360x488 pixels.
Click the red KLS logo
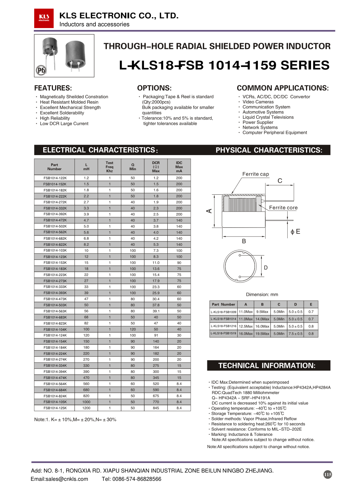click(x=44, y=18)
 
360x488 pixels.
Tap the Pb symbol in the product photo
click(x=41, y=70)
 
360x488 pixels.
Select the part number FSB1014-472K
click(x=55, y=220)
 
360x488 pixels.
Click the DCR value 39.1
click(x=156, y=311)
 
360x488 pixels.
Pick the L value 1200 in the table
click(x=86, y=408)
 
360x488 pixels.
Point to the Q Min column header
click(x=133, y=167)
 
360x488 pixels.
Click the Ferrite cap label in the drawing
click(x=256, y=174)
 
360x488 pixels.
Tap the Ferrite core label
click(x=283, y=208)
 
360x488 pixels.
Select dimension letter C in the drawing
click(x=280, y=181)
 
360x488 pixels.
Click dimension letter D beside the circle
click(x=266, y=268)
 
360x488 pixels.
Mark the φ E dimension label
click(x=295, y=232)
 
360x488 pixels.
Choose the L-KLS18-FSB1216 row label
click(x=224, y=326)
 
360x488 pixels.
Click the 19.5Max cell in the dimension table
click(x=262, y=334)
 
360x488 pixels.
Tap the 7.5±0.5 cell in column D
click(x=296, y=334)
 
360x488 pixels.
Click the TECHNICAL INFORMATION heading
click(x=267, y=366)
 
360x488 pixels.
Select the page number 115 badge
click(x=328, y=474)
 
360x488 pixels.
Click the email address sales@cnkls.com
click(x=59, y=479)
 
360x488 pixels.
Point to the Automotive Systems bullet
click(x=263, y=112)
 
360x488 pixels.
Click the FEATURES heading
click(x=53, y=88)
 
